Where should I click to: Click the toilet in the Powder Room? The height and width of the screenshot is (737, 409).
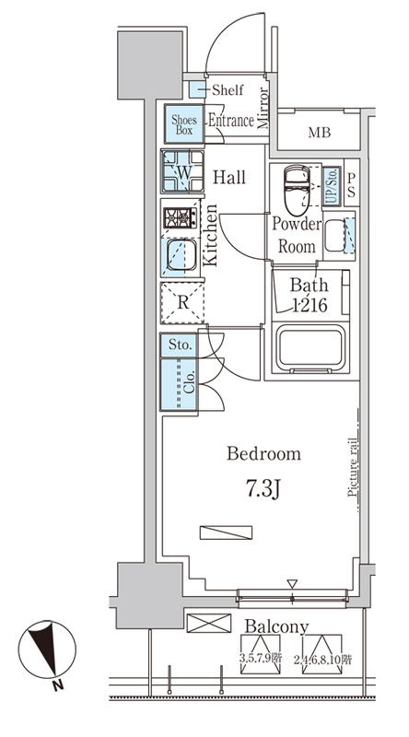[x=298, y=190]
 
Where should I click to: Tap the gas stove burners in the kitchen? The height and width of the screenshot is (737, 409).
[x=181, y=218]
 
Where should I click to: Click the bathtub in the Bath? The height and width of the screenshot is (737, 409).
[x=310, y=348]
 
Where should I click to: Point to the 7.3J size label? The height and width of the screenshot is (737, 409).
[x=263, y=490]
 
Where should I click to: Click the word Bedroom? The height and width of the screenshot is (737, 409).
[x=263, y=454]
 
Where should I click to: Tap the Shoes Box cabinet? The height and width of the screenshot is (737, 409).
[x=184, y=124]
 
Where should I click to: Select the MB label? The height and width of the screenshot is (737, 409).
[x=320, y=133]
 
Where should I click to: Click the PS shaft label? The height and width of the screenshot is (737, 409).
[x=352, y=186]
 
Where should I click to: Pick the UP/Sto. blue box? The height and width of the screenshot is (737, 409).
[x=332, y=186]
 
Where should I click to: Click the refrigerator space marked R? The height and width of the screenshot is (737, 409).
[x=183, y=303]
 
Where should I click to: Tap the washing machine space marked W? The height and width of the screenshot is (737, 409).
[x=183, y=171]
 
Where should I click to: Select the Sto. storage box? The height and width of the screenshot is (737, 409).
[x=179, y=345]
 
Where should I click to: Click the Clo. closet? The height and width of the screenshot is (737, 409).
[x=179, y=384]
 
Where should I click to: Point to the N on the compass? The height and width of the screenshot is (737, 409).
[x=57, y=685]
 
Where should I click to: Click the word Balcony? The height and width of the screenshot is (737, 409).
[x=277, y=626]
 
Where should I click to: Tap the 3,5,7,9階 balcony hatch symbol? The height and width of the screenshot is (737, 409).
[x=261, y=654]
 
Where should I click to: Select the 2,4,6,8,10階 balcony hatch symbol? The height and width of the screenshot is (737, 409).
[x=322, y=654]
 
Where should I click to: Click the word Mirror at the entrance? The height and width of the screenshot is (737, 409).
[x=263, y=108]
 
